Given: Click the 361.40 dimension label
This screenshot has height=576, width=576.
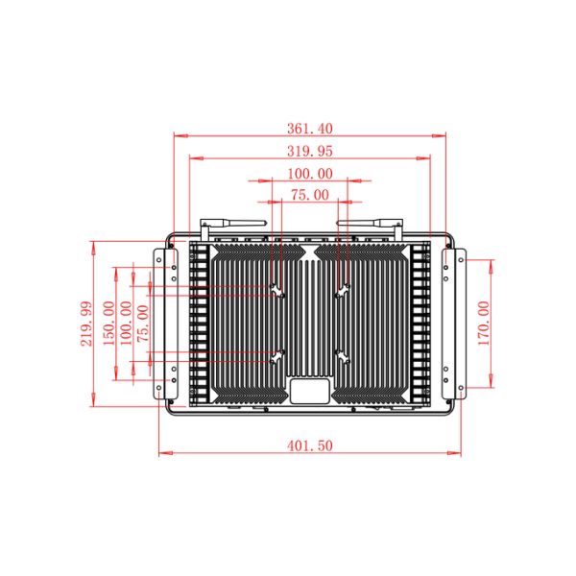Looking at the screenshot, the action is (310, 129).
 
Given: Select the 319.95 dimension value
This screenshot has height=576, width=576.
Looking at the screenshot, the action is (310, 151).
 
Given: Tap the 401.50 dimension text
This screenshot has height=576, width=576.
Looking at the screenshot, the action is (310, 445).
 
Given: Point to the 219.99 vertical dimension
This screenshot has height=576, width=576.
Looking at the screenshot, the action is (86, 324).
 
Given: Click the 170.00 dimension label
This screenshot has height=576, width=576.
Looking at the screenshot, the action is (484, 324).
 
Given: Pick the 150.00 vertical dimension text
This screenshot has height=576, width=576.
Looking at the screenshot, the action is (108, 323).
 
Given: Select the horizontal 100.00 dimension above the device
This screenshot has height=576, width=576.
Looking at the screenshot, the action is (310, 174).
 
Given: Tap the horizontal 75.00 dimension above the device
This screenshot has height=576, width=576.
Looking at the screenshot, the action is (310, 195).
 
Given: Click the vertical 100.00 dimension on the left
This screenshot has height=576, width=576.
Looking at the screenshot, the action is (126, 323).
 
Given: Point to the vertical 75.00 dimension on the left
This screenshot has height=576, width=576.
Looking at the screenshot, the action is (143, 324).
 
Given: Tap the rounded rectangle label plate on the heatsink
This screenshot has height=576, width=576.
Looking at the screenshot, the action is (310, 392).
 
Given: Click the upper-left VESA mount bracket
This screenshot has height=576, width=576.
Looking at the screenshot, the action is (277, 291).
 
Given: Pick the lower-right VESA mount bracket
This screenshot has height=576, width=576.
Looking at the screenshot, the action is (343, 357).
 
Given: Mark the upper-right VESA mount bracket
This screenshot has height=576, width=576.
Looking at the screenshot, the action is (343, 291).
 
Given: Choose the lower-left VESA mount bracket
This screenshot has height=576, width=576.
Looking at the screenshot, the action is (277, 357).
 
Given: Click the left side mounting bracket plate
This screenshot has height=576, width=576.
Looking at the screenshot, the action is (165, 324).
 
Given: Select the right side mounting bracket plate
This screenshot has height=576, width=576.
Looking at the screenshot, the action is (454, 324).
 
